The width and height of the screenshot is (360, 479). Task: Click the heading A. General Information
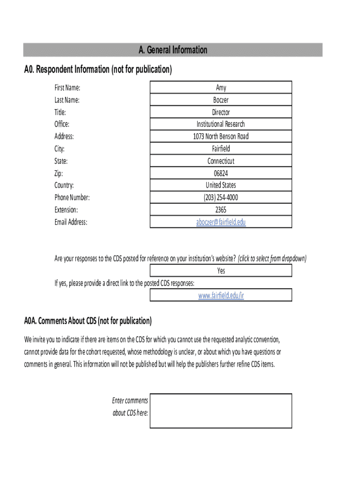[x=173, y=50]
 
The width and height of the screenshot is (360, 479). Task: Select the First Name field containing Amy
[x=221, y=87]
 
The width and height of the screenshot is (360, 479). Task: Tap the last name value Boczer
[x=221, y=100]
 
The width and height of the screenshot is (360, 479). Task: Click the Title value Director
[x=221, y=112]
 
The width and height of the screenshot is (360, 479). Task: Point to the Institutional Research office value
[x=221, y=124]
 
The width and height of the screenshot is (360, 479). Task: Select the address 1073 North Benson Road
[x=221, y=136]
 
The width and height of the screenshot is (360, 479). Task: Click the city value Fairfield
[x=221, y=149]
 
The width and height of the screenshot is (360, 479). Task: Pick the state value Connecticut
[x=221, y=161]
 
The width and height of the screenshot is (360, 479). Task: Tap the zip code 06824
[x=221, y=173]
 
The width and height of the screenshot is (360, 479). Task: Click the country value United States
[x=221, y=185]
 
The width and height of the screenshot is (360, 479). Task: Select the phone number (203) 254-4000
[x=221, y=197]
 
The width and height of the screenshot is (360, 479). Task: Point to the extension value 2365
[x=221, y=210]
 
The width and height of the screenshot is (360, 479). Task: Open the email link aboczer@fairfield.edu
[x=221, y=222]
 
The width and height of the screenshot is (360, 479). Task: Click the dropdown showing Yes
[x=221, y=270]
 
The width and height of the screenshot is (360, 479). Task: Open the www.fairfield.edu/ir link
[x=221, y=295]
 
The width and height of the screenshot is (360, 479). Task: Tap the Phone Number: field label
[x=72, y=197]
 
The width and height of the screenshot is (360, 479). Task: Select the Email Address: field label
[x=71, y=222]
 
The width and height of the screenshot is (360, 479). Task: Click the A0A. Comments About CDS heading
[x=88, y=321]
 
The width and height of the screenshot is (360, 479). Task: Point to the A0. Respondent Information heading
[x=98, y=70]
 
